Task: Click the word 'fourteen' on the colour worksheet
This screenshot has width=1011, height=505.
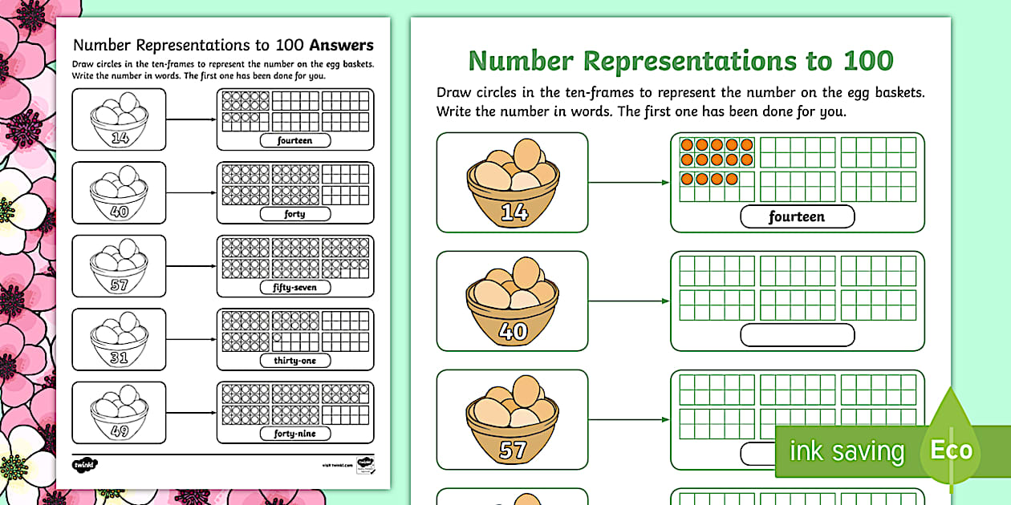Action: coord(797,216)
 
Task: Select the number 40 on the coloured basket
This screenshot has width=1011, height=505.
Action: coord(513,330)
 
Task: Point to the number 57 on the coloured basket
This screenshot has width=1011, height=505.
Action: coord(513,450)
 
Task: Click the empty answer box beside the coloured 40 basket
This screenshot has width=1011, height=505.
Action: coord(797,335)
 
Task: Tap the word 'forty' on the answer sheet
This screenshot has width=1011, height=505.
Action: coord(294,215)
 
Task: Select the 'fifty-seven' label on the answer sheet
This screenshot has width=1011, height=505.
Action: coord(294,288)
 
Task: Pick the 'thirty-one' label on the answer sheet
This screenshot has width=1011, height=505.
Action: coord(294,361)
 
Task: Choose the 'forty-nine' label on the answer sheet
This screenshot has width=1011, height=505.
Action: coord(294,434)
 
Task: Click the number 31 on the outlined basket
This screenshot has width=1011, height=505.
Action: coord(119,358)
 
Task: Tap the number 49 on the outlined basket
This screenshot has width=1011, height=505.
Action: coord(119,431)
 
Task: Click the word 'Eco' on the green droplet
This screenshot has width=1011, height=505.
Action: coord(951,450)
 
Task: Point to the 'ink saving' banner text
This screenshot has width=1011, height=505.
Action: coord(847,451)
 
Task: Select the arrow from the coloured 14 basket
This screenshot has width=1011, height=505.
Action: coord(629,182)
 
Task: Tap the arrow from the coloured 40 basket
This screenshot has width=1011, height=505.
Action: coord(629,301)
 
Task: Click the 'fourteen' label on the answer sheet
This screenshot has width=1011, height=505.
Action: coord(294,141)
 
